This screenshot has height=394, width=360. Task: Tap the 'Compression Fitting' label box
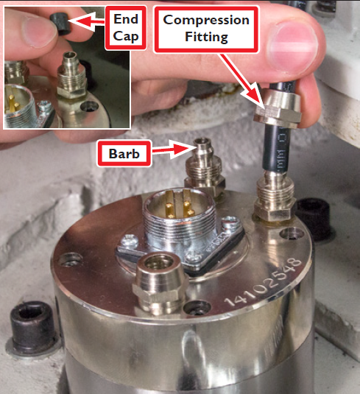207,29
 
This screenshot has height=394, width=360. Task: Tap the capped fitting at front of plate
158,277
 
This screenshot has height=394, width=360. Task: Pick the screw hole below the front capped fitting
192,308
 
